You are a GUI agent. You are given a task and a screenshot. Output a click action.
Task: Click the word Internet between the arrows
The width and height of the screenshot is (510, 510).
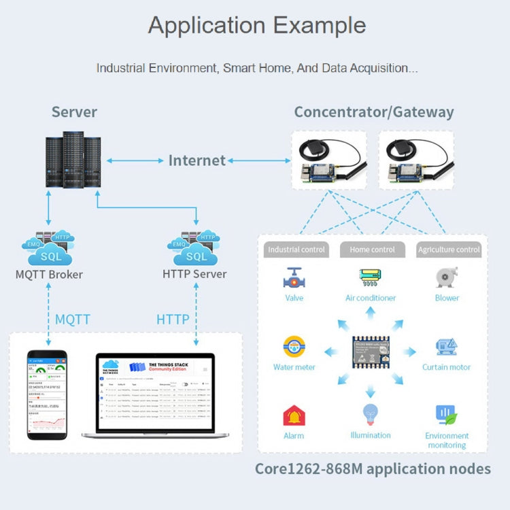pyautogui.click(x=197, y=160)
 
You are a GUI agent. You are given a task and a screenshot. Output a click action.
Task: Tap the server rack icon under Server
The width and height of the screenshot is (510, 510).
pyautogui.click(x=73, y=160)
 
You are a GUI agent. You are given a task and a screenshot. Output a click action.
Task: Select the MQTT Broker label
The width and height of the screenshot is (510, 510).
pyautogui.click(x=49, y=275)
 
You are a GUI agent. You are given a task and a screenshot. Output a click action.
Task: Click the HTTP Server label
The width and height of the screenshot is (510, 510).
pyautogui.click(x=194, y=275)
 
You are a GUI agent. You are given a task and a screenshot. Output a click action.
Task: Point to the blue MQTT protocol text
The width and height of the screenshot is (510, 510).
pyautogui.click(x=72, y=320)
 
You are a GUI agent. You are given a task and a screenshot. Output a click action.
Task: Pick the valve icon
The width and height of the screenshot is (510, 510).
pyautogui.click(x=294, y=279)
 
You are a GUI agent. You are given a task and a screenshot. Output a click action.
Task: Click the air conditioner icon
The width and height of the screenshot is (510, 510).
pyautogui.click(x=371, y=277)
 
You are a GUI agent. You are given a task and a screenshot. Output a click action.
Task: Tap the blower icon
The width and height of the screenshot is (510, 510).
pyautogui.click(x=446, y=277)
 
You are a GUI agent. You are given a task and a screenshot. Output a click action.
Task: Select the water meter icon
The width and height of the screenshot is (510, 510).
pyautogui.click(x=294, y=347)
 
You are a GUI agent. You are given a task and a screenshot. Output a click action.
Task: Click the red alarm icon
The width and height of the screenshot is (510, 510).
pyautogui.click(x=294, y=415)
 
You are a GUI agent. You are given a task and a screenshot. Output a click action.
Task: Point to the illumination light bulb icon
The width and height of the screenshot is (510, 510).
pyautogui.click(x=371, y=413)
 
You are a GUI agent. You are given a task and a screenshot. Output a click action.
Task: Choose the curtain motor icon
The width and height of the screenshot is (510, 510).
pyautogui.click(x=446, y=347)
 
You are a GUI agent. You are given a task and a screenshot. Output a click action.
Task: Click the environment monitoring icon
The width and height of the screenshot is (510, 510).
pyautogui.click(x=446, y=415)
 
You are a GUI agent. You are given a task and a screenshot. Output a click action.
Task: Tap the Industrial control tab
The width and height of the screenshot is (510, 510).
pyautogui.click(x=296, y=250)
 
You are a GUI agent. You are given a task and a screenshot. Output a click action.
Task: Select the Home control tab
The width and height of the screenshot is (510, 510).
pyautogui.click(x=372, y=250)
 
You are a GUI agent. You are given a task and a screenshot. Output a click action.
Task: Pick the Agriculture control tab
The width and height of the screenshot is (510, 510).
pyautogui.click(x=449, y=250)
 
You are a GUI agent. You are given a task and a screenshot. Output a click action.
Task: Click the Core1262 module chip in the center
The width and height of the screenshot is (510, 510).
pyautogui.click(x=371, y=352)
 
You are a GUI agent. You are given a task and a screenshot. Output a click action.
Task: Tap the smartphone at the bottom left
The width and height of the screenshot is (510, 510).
pyautogui.click(x=47, y=394)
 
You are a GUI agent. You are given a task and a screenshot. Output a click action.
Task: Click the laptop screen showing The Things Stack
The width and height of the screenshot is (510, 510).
pyautogui.click(x=155, y=392)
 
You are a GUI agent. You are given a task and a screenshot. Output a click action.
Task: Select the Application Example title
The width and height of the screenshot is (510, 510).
pyautogui.click(x=256, y=25)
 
